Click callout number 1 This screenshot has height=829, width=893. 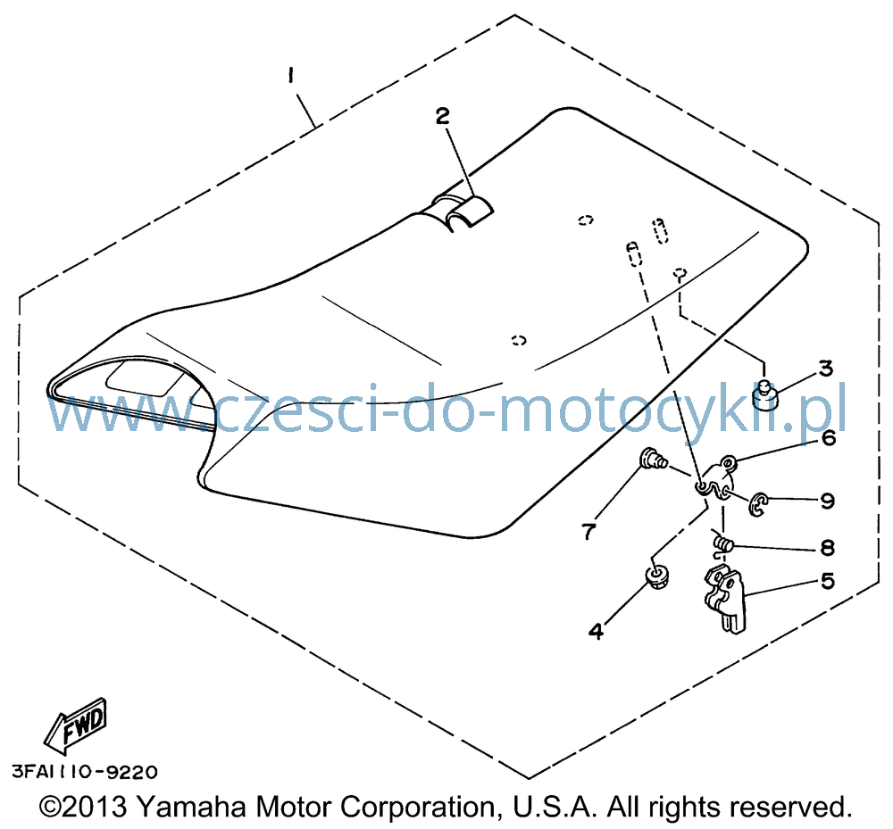point(291,76)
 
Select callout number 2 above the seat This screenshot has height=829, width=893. point(443,116)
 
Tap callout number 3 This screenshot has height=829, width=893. point(826,369)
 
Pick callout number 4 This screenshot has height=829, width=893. point(596,631)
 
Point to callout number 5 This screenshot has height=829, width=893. point(827,581)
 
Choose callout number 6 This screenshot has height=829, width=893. point(828,438)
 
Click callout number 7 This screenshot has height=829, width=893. point(588,532)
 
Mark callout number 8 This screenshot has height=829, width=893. point(827,547)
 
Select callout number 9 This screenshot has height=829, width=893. point(827,501)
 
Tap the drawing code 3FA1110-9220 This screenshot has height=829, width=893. point(84,772)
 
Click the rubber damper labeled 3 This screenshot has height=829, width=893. point(764,395)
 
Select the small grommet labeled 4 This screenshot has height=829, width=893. point(657,576)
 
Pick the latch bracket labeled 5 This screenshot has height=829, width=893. point(724,600)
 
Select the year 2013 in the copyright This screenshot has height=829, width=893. point(94,807)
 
